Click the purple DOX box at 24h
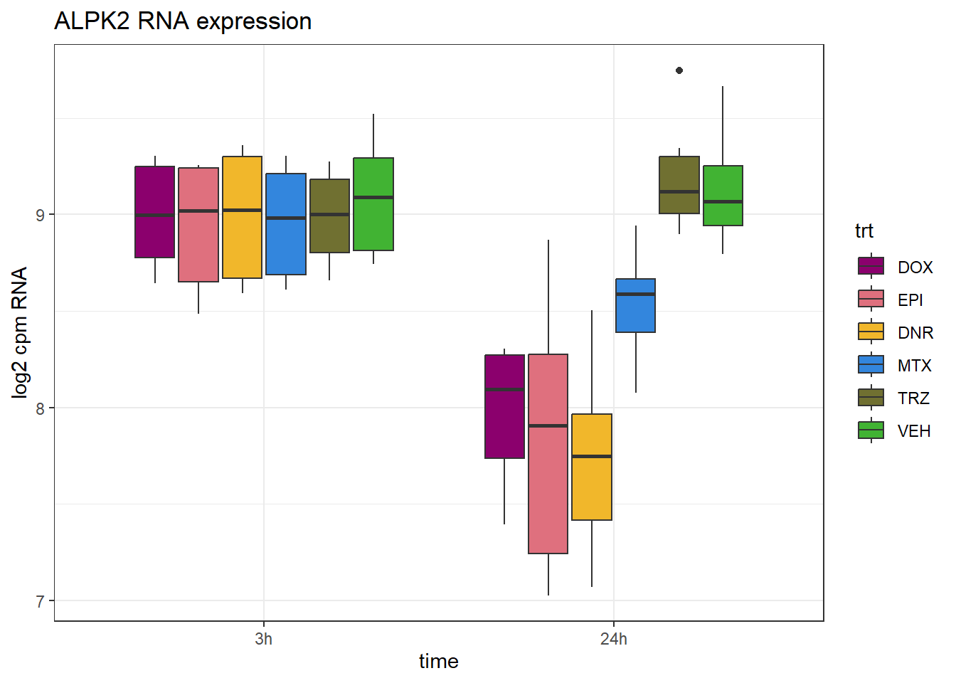504,406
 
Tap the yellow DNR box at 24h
592,467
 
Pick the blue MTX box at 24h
635,305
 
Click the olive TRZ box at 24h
679,185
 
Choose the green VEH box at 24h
723,196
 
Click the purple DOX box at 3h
155,212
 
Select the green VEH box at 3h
373,204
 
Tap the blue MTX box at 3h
286,224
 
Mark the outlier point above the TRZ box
679,70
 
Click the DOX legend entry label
915,268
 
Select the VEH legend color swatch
871,430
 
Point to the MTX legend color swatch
871,365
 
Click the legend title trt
864,231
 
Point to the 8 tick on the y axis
40,408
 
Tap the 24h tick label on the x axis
613,639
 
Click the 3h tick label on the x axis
263,639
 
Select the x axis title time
438,662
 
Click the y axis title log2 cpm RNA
20,332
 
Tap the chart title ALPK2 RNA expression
183,21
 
